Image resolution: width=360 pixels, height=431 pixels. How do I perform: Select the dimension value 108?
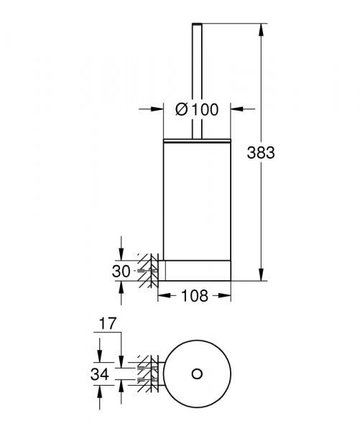coord(195,295)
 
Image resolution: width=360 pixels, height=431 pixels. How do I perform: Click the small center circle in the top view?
coord(197,374)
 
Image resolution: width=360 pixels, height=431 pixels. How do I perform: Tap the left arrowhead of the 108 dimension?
coord(162,295)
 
